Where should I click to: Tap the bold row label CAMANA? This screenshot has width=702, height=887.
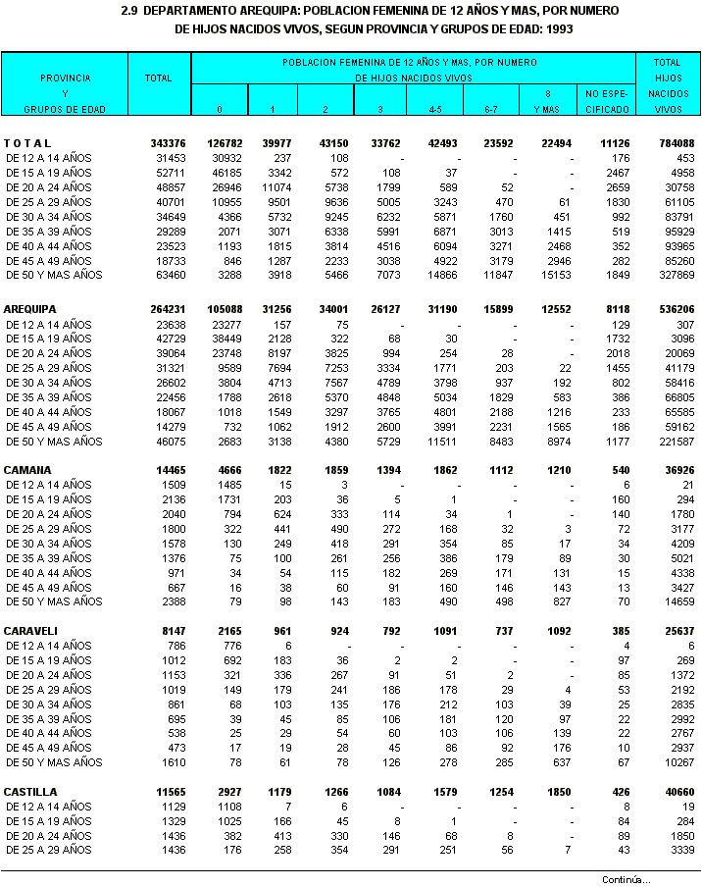pos(27,471)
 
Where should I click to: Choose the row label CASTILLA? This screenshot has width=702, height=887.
pos(30,792)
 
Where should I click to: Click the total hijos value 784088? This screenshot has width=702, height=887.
pos(677,144)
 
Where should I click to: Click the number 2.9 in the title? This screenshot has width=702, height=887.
pos(129,10)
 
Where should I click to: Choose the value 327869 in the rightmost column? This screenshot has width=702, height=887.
pos(677,276)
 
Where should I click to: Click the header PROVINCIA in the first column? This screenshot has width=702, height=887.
pos(65,77)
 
